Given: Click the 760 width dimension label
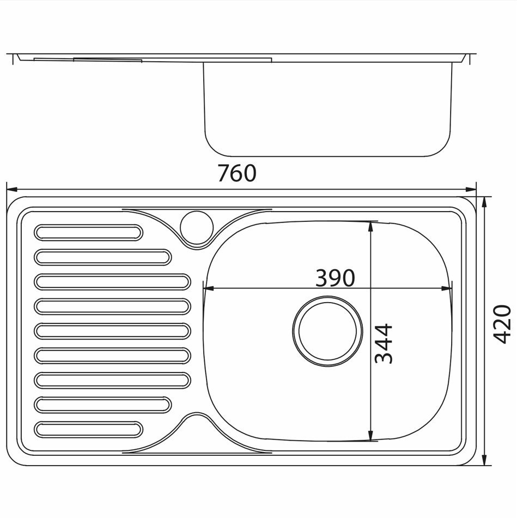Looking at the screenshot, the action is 237,173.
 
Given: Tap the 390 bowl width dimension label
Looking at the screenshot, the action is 335,278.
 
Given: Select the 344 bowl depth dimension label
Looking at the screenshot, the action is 384,344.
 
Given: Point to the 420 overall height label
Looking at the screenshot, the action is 502,324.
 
